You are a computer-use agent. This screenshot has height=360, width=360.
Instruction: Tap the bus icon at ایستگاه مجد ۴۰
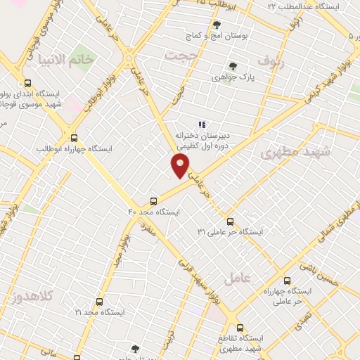coord(154,200)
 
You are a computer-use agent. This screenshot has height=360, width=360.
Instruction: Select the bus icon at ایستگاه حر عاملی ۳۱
coord(230,221)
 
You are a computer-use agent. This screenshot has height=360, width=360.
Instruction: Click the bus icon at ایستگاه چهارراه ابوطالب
coord(75,138)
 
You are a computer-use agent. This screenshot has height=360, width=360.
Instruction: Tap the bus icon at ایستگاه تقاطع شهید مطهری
coord(240,328)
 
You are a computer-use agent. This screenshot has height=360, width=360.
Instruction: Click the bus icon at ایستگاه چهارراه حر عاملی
coord(288,280)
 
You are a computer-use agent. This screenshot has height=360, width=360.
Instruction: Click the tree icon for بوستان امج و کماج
coord(216,25)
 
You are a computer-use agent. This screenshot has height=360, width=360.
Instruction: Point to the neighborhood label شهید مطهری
coord(290,152)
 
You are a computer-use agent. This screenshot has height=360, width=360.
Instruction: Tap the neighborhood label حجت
coord(177,54)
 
